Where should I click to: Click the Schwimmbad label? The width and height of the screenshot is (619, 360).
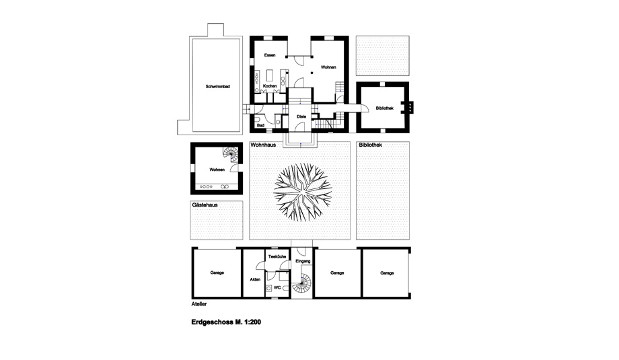tap(217, 86)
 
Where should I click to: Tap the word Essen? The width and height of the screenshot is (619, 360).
tap(270, 55)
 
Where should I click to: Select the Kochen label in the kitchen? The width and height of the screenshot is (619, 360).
tap(270, 86)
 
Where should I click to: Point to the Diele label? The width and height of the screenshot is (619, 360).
tap(301, 117)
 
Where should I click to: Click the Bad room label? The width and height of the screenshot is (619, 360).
tap(260, 126)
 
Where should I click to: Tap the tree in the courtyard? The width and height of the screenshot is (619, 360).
tap(303, 192)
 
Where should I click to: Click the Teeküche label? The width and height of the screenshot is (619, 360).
tap(277, 257)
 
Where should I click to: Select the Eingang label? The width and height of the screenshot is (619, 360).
tap(303, 261)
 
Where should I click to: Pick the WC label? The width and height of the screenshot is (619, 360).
tap(277, 288)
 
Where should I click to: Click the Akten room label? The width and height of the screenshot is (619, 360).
tap(255, 279)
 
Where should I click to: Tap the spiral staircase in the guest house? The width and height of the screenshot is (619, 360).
tap(231, 155)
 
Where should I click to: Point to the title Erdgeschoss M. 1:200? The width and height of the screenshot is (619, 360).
tap(226, 322)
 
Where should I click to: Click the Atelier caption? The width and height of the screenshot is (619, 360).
tap(199, 304)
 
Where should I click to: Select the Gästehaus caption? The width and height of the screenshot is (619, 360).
tap(205, 205)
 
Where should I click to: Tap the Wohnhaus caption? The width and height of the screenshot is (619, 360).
tap(263, 145)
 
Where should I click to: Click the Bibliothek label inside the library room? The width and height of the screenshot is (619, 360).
tap(384, 108)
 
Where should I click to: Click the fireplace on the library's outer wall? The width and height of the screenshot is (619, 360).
tap(410, 107)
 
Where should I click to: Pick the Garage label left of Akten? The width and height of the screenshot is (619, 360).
tap(217, 273)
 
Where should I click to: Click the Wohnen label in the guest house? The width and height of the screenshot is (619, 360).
tap(217, 170)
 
